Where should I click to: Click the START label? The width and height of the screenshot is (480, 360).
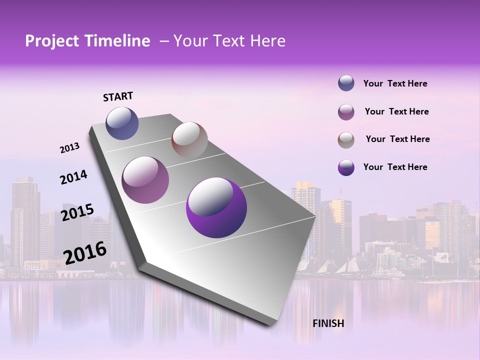click(x=118, y=96)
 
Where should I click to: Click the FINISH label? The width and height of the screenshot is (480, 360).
click(x=328, y=323)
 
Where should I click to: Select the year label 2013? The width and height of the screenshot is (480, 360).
click(x=69, y=148)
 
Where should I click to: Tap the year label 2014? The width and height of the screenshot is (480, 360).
click(x=73, y=177)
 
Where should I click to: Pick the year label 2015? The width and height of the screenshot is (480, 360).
click(x=77, y=212)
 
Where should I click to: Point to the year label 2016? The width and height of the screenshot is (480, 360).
click(x=85, y=252)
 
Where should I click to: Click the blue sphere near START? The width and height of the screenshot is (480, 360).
click(x=122, y=123)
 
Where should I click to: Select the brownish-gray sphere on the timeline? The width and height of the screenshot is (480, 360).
click(x=189, y=140)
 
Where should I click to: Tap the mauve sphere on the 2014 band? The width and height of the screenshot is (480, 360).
click(x=145, y=180)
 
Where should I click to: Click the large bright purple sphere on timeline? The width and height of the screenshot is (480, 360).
click(x=216, y=207)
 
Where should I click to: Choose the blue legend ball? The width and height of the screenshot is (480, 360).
click(x=346, y=83)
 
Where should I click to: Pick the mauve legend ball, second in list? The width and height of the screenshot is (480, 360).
click(x=346, y=111)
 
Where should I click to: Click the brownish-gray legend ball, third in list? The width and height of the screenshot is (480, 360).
click(x=346, y=139)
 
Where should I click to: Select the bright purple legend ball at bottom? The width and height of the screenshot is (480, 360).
click(x=346, y=167)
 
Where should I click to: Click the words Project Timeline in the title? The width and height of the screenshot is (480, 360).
click(x=87, y=41)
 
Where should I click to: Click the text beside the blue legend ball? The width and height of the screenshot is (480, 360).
click(x=395, y=83)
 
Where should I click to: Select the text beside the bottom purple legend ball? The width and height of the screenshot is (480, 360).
click(x=395, y=167)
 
